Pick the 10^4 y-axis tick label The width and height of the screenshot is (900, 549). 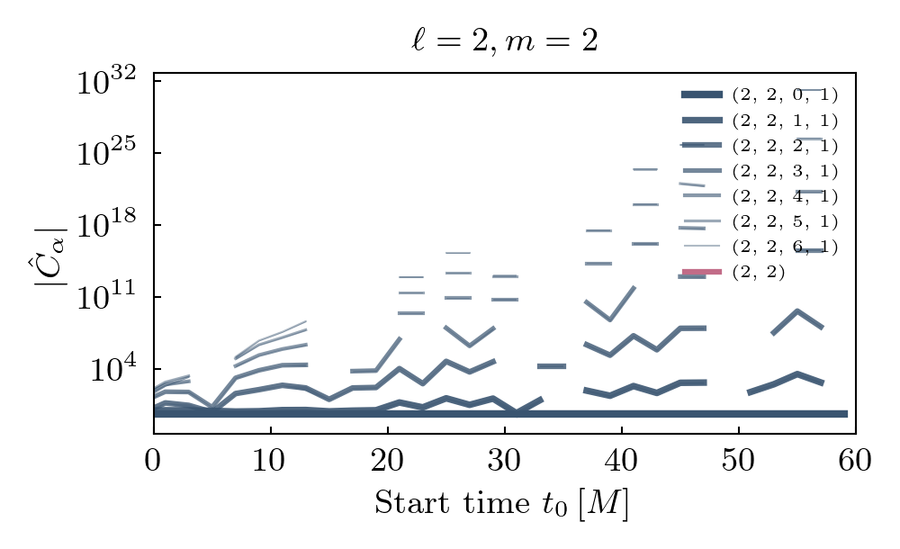(x=116, y=370)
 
